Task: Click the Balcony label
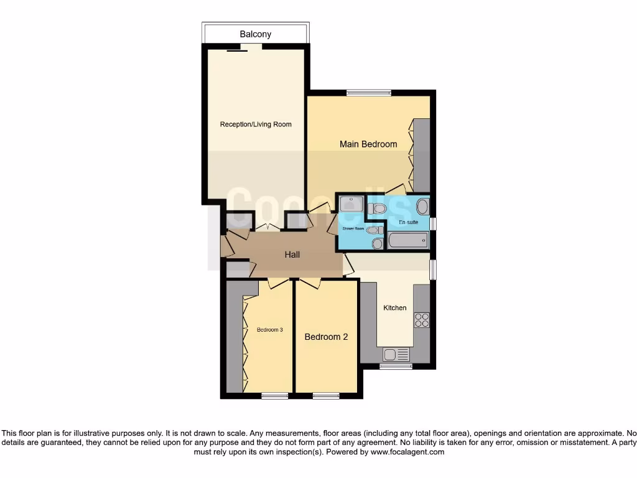tap(255, 34)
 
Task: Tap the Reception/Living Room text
tap(256, 124)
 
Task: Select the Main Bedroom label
tap(368, 144)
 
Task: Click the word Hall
tap(292, 255)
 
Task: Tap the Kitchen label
tap(394, 307)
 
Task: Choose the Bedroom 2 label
tap(326, 337)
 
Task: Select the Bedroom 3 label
tap(270, 330)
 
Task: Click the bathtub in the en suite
tap(407, 240)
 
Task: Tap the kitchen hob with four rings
tap(422, 320)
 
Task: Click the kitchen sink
tap(396, 355)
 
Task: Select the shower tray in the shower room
tap(351, 204)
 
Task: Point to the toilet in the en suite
tap(377, 209)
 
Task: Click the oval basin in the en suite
tap(422, 207)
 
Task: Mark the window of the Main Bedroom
tap(369, 93)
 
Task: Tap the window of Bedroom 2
tap(326, 395)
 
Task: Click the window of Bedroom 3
tap(274, 395)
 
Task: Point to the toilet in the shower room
tap(373, 230)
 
